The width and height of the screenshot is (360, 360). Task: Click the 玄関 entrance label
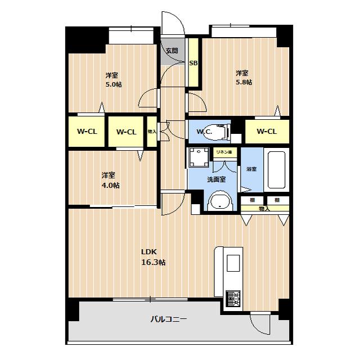point(172,51)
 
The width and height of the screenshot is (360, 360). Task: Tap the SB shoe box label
point(193,63)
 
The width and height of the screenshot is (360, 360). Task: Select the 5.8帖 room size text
point(244,82)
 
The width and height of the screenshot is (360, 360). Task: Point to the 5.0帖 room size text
point(114,84)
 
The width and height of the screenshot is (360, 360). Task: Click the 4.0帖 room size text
point(110,185)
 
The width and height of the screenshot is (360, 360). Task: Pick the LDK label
point(148,252)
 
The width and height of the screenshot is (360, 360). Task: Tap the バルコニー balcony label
point(169,319)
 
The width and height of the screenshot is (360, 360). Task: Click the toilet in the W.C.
point(218,132)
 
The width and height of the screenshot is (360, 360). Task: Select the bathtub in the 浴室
point(276,170)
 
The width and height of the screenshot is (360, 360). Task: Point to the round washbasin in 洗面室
point(220,201)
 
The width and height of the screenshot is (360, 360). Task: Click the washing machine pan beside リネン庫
point(199,157)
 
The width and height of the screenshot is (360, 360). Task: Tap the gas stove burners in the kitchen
point(233,299)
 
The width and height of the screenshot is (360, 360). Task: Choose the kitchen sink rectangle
point(233,263)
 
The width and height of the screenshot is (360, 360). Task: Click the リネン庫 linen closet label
point(224,152)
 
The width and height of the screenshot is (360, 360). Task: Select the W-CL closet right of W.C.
point(267,131)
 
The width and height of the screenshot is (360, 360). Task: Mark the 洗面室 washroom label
point(217,179)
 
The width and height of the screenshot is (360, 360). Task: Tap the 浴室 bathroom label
point(251,169)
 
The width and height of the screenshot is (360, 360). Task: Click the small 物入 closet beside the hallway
point(152,132)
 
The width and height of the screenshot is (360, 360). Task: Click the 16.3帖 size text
point(154,262)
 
